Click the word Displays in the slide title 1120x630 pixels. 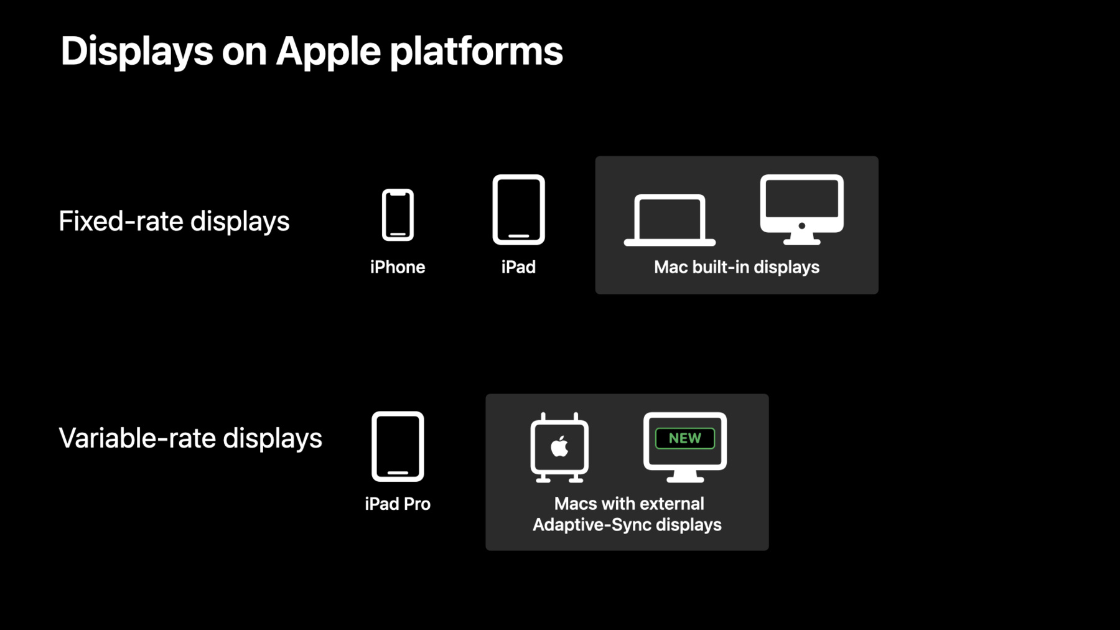[137, 51]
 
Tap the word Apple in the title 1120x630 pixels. [328, 51]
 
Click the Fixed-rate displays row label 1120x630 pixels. [174, 221]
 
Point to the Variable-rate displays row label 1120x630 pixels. [190, 438]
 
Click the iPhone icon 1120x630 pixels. [398, 215]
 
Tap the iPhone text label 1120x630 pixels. [398, 267]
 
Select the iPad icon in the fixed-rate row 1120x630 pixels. [518, 209]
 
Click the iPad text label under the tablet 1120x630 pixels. [518, 267]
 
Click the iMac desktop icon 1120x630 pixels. [802, 209]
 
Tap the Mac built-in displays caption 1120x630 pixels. [737, 267]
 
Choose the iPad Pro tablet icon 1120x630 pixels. [398, 446]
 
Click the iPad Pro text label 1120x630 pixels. [398, 504]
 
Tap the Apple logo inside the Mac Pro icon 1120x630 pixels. [559, 446]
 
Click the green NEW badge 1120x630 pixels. [685, 438]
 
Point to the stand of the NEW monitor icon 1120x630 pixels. [685, 476]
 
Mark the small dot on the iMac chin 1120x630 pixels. [802, 227]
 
